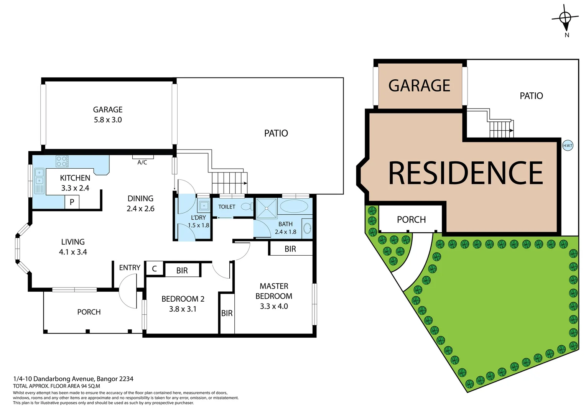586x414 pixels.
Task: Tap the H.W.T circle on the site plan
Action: [568, 146]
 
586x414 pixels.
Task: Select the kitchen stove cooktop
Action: [62, 161]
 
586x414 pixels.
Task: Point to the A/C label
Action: [142, 163]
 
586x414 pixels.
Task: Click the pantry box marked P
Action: [72, 202]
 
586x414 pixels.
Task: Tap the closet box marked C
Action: [155, 269]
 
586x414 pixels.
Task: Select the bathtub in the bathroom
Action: [294, 207]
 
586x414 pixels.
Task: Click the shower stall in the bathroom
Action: [266, 208]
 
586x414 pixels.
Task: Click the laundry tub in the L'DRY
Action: [204, 206]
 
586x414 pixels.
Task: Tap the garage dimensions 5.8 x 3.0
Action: [108, 120]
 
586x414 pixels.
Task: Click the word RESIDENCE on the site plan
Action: [466, 173]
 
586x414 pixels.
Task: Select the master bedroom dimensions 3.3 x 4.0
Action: [274, 306]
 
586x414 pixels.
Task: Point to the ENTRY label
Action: [130, 268]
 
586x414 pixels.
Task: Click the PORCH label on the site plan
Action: [411, 220]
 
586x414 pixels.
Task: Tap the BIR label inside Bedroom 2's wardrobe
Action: [182, 271]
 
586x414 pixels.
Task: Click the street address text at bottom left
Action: [73, 379]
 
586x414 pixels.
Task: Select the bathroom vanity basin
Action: [307, 228]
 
